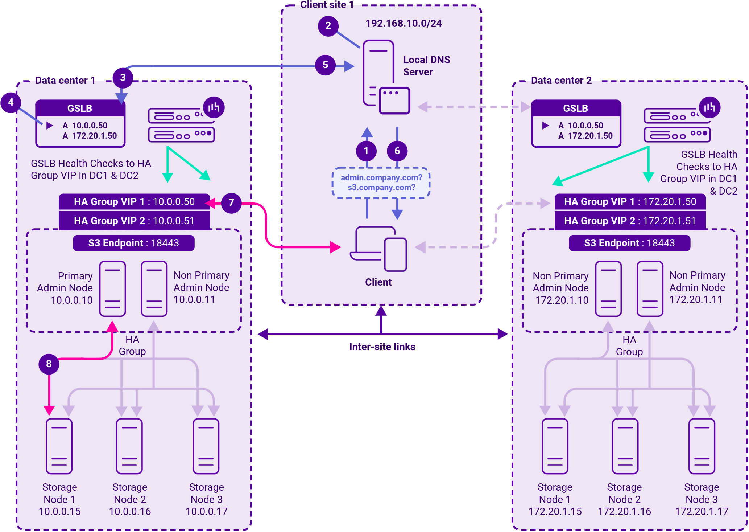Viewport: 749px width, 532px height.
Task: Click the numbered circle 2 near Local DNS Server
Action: [x=328, y=26]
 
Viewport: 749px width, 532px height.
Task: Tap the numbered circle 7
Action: [x=231, y=203]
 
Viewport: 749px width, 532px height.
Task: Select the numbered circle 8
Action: [x=49, y=364]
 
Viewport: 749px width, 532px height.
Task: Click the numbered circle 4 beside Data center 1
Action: [x=11, y=102]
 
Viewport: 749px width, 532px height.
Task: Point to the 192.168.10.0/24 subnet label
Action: [x=404, y=24]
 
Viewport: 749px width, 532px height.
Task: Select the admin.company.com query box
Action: [x=381, y=183]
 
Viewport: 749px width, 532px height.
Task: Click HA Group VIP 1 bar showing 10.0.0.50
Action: [x=134, y=202]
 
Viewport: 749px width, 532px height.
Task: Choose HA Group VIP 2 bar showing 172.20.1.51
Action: [x=630, y=221]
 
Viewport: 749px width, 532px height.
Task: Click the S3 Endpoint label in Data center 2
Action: [x=629, y=243]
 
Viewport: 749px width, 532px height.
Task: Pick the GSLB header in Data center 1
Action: [x=80, y=108]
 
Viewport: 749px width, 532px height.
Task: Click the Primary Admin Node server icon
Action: [x=113, y=288]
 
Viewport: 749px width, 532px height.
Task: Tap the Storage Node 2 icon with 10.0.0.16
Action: [x=129, y=446]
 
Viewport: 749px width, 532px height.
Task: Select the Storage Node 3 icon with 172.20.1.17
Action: [x=702, y=446]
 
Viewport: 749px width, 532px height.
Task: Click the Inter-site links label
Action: [x=382, y=347]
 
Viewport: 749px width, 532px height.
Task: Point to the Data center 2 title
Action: [x=561, y=81]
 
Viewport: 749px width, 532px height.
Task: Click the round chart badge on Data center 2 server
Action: [x=709, y=107]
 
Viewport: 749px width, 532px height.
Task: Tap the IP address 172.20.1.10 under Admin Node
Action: [x=562, y=300]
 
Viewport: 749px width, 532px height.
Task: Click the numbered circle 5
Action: [x=325, y=65]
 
